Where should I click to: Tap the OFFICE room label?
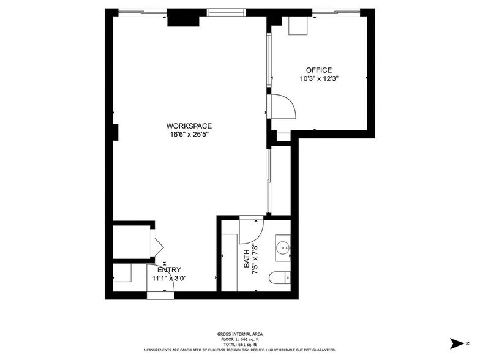coord(319,70)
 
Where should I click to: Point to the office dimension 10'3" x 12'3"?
coord(319,78)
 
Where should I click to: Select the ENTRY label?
coord(169,270)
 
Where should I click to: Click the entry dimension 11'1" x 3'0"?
coord(169,278)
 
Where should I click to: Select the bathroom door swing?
coord(252,230)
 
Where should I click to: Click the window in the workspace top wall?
coord(227,12)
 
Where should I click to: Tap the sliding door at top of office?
coord(334,12)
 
